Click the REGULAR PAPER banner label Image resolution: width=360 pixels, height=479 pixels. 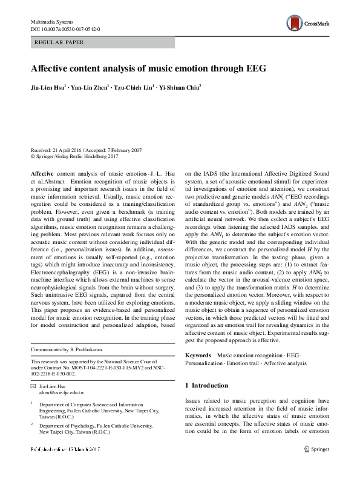tap(60, 42)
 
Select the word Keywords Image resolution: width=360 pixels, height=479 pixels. tap(198, 354)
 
